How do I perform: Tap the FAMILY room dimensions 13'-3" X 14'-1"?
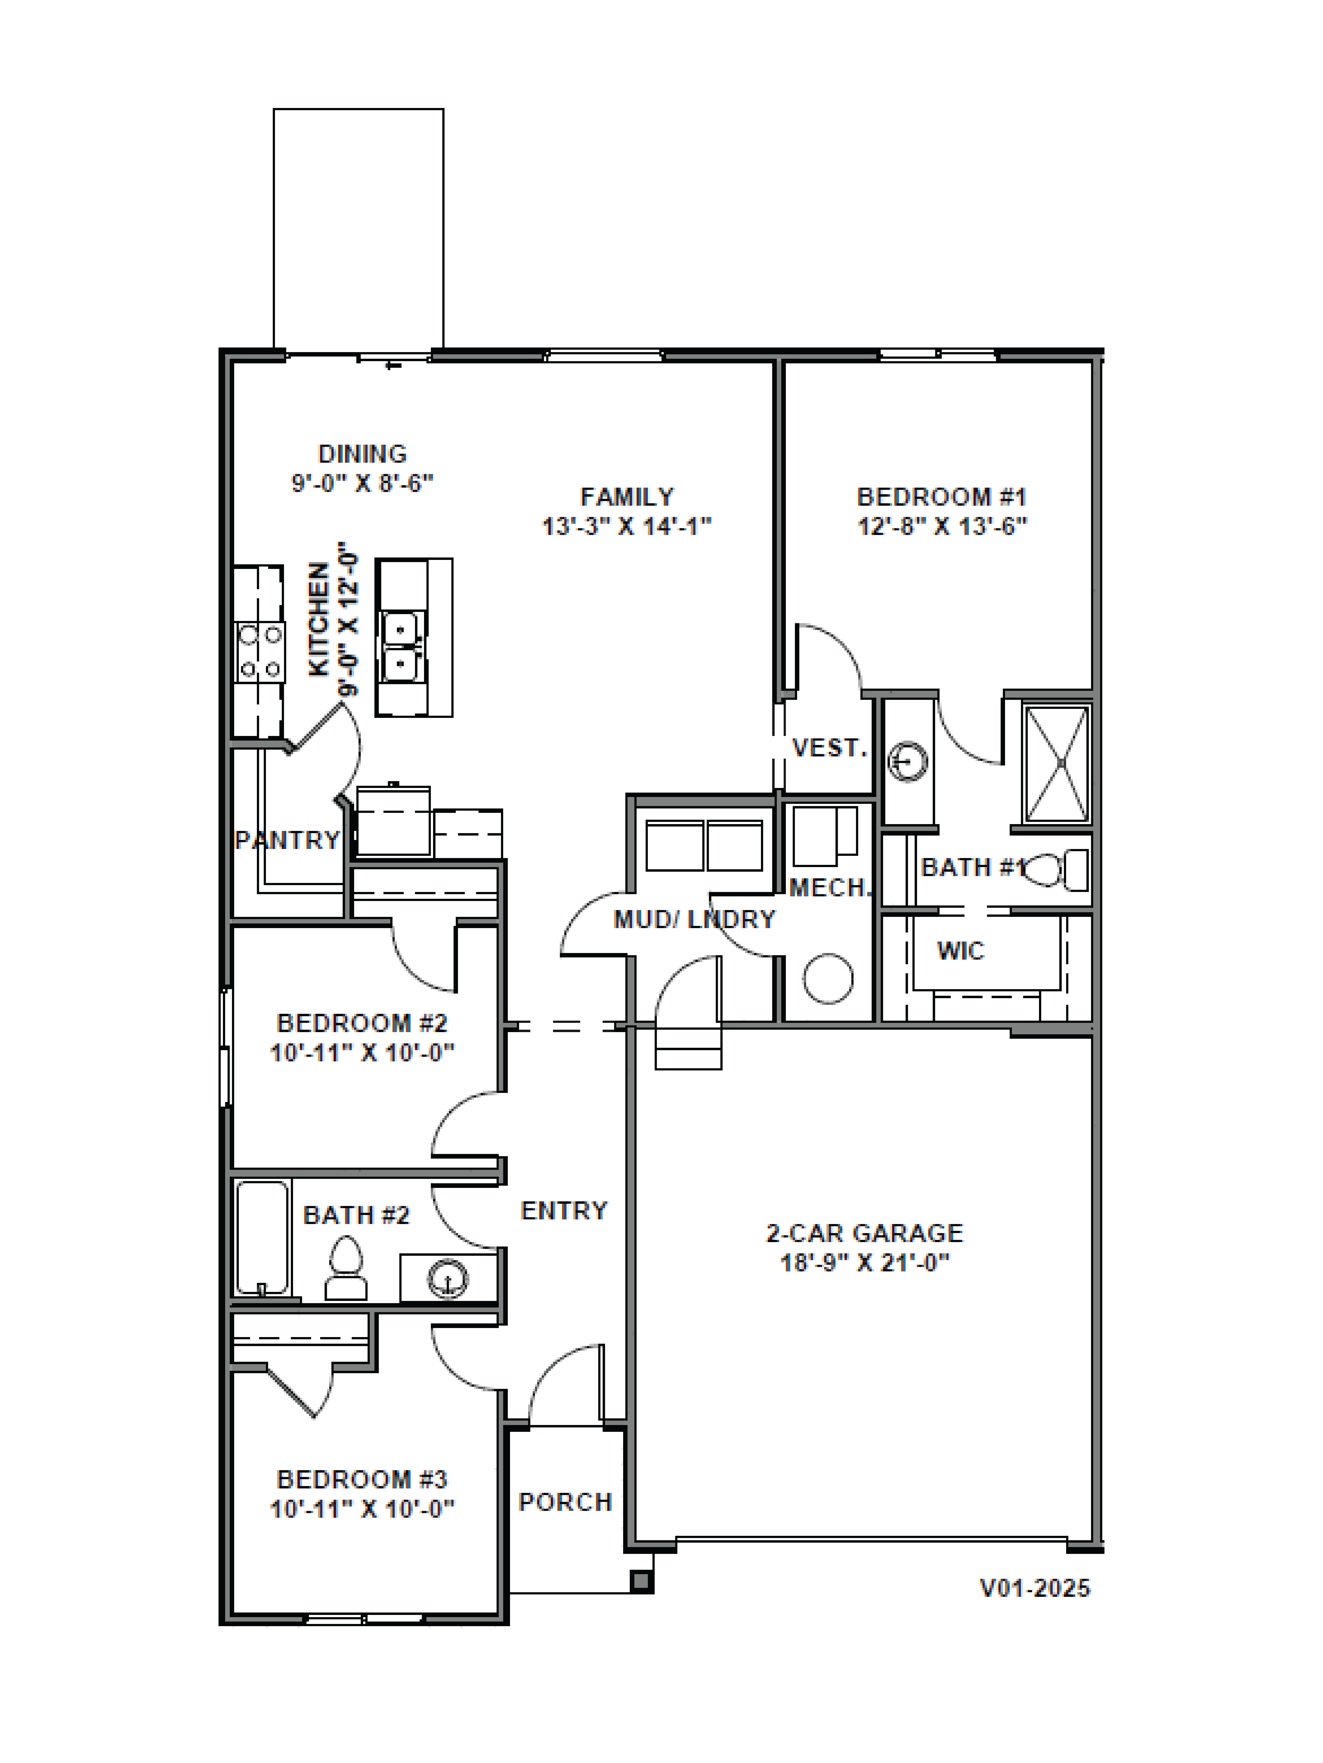[x=626, y=526]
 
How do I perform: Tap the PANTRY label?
[x=287, y=840]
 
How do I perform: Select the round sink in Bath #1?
[x=908, y=761]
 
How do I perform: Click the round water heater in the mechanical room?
[x=828, y=978]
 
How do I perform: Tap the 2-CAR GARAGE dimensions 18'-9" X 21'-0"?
[x=864, y=1262]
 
